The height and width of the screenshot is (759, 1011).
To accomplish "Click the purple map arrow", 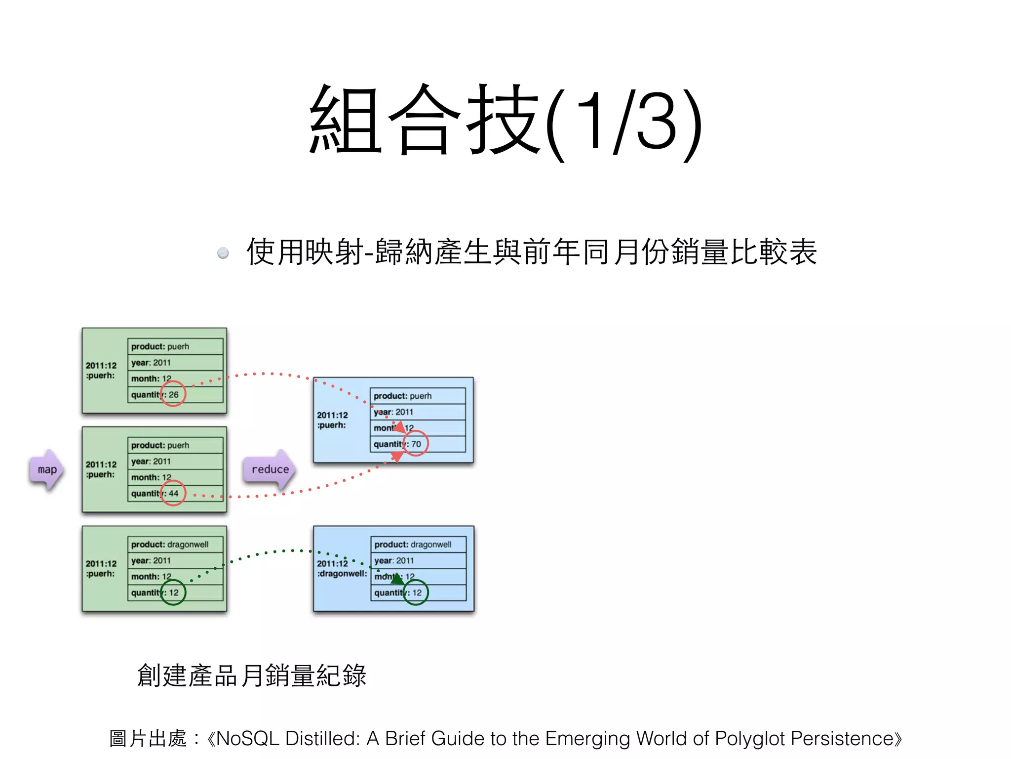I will pyautogui.click(x=46, y=470).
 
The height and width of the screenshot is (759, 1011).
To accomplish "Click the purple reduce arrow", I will pyautogui.click(x=270, y=469).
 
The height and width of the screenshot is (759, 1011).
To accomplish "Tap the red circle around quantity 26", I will pyautogui.click(x=173, y=394).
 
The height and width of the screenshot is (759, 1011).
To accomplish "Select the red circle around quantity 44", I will pyautogui.click(x=173, y=493).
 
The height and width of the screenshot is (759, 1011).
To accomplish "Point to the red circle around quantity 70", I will pyautogui.click(x=416, y=443).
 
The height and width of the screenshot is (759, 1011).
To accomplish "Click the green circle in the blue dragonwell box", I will pyautogui.click(x=416, y=592).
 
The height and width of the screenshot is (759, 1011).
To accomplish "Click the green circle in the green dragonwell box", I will pyautogui.click(x=173, y=592).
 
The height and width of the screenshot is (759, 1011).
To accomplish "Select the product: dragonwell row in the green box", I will pyautogui.click(x=175, y=545).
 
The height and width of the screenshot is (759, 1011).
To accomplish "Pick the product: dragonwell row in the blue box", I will pyautogui.click(x=418, y=545).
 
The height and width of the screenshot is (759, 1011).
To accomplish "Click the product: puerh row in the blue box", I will pyautogui.click(x=418, y=396).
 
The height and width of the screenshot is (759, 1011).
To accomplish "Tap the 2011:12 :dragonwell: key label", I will pyautogui.click(x=342, y=569).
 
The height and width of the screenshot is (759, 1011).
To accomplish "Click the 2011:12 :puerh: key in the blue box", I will pyautogui.click(x=332, y=420).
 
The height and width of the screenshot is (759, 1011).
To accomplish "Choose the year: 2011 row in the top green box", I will pyautogui.click(x=175, y=363).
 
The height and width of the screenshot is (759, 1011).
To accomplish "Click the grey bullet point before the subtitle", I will pyautogui.click(x=223, y=253).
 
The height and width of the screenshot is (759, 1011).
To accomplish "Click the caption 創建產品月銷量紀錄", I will pyautogui.click(x=252, y=675).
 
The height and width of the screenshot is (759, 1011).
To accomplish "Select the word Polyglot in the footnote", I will pyautogui.click(x=749, y=738).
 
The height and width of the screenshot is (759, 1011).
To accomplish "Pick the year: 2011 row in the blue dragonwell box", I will pyautogui.click(x=418, y=561).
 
